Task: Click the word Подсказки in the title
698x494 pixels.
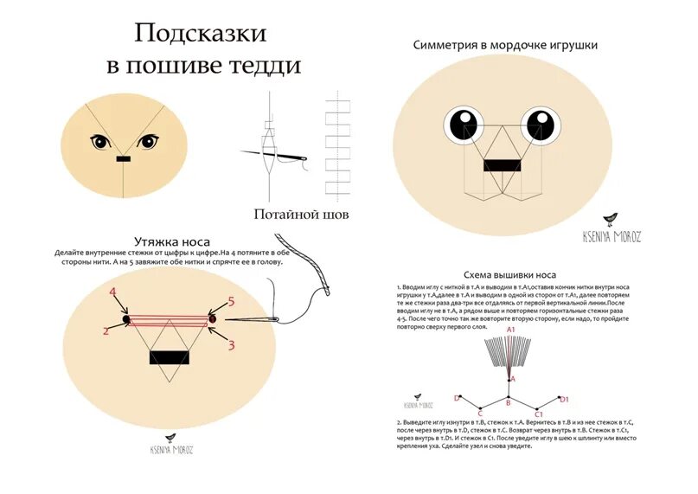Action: tap(199, 33)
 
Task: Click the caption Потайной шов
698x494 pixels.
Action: tap(301, 214)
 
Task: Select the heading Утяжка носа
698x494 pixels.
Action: tap(172, 241)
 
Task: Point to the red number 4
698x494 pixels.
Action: tap(112, 292)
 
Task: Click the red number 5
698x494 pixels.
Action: tap(230, 301)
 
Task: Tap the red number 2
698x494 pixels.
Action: tap(106, 330)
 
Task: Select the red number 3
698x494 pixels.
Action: tap(232, 345)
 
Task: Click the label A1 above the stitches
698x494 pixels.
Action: tap(511, 330)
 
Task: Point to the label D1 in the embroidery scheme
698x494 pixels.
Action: tap(564, 399)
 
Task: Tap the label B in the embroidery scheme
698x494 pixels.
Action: tap(509, 403)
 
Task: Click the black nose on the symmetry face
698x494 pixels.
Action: tap(502, 164)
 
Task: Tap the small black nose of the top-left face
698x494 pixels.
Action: tap(123, 160)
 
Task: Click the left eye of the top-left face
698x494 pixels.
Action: tap(100, 142)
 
